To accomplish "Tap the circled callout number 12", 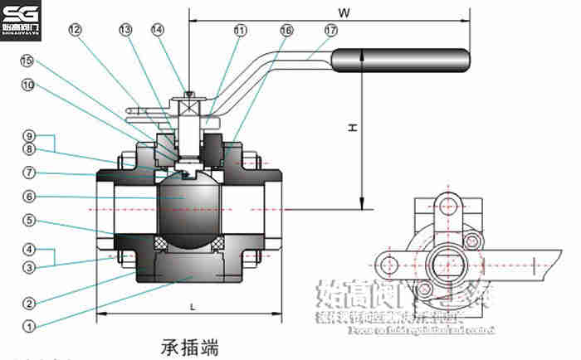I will pos(76,29).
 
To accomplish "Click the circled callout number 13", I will pos(125,29).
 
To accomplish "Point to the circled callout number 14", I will pos(158,29).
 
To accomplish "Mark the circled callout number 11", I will pos(240,30).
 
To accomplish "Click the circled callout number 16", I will pos(286,30).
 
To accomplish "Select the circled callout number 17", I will pos(331,30).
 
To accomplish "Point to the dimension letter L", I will pos(192,307).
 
